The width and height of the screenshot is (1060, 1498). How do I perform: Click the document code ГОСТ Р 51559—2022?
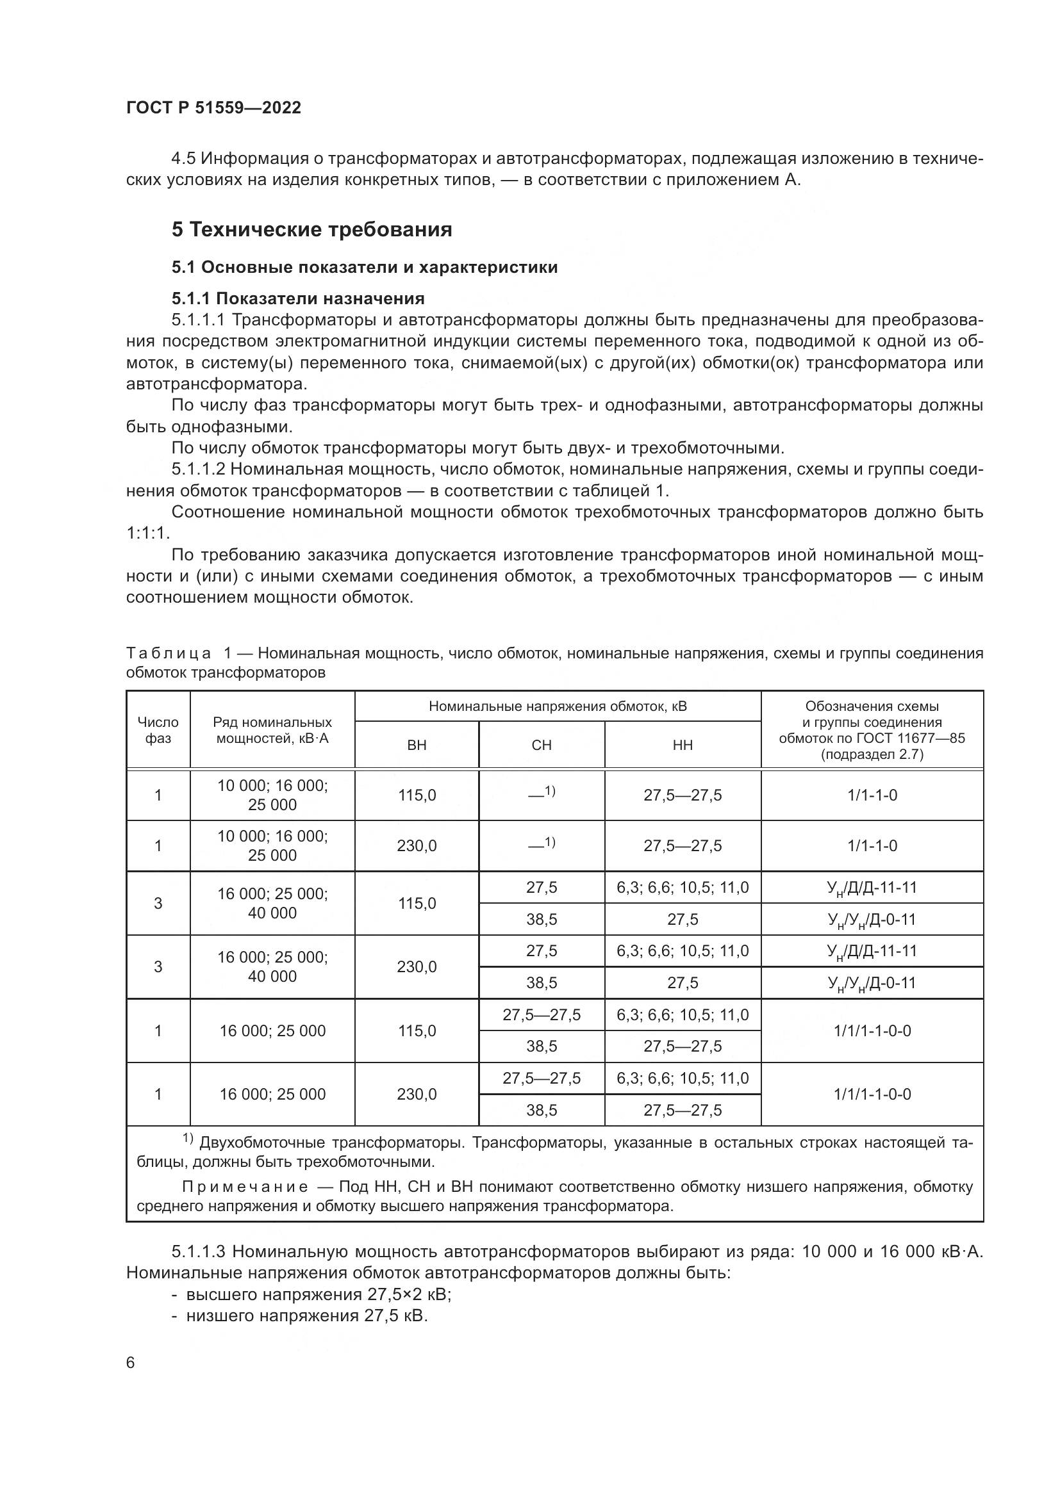pyautogui.click(x=213, y=108)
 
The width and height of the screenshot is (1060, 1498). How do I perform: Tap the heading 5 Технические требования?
pyautogui.click(x=311, y=230)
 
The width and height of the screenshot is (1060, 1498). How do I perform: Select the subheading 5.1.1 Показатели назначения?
pyautogui.click(x=297, y=299)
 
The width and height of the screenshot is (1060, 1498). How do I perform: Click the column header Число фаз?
pyautogui.click(x=158, y=730)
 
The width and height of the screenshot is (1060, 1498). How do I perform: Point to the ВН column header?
pyautogui.click(x=417, y=745)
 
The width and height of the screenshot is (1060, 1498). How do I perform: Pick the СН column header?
pyautogui.click(x=541, y=745)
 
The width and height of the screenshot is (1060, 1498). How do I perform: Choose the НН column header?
pyautogui.click(x=682, y=745)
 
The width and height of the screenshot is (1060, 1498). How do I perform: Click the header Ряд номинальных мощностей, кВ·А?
pyautogui.click(x=272, y=730)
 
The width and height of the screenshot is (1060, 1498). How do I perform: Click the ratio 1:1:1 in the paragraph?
pyautogui.click(x=147, y=533)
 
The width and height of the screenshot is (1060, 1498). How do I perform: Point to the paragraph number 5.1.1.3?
pyautogui.click(x=199, y=1251)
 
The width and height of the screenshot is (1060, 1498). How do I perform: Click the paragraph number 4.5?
pyautogui.click(x=183, y=159)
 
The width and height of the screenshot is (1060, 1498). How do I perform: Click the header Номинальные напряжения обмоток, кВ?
pyautogui.click(x=558, y=706)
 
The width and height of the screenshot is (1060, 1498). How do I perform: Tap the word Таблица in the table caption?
pyautogui.click(x=169, y=653)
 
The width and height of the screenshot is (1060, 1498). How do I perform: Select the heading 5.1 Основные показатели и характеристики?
pyautogui.click(x=364, y=268)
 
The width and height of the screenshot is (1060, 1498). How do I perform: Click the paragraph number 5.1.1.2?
pyautogui.click(x=199, y=469)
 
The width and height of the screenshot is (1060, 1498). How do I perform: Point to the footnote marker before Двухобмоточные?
pyautogui.click(x=188, y=1138)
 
